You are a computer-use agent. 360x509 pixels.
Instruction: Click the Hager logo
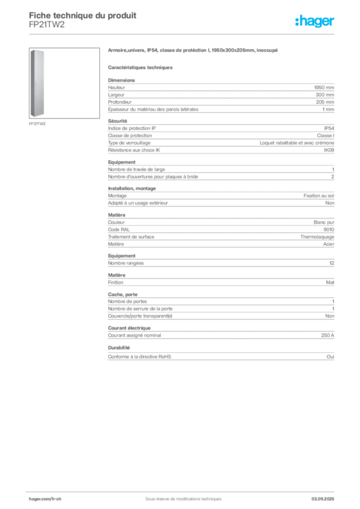pos(315,21)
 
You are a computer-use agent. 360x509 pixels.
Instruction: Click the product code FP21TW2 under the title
pos(47,25)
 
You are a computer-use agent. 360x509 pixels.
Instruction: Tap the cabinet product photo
pos(37,84)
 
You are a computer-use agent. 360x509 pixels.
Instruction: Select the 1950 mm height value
pos(324,87)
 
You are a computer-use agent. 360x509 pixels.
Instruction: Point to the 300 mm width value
pos(325,95)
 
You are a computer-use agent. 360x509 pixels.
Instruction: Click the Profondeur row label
pos(120,102)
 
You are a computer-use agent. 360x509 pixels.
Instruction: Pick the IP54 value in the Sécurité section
pos(329,128)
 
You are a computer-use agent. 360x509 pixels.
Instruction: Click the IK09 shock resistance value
pos(329,150)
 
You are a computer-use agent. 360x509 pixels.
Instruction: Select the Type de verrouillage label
pos(129,143)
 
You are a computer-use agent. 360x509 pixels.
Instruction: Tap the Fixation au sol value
pos(319,196)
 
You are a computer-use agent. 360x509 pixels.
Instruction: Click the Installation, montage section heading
pos(132,188)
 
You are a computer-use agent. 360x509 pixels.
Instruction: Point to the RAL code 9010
pos(329,230)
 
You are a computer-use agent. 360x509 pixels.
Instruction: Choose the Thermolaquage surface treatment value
pos(317,237)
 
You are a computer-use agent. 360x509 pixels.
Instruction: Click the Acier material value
pos(329,244)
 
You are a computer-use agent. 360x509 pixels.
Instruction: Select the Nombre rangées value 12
pos(332,263)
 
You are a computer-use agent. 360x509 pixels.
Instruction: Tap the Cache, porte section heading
pos(123,294)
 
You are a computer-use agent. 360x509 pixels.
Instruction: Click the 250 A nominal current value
pos(328,336)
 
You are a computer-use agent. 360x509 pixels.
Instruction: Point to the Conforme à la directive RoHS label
pos(140,357)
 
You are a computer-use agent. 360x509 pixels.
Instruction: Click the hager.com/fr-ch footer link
pos(45,499)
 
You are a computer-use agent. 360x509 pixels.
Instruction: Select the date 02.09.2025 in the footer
pos(323,499)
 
